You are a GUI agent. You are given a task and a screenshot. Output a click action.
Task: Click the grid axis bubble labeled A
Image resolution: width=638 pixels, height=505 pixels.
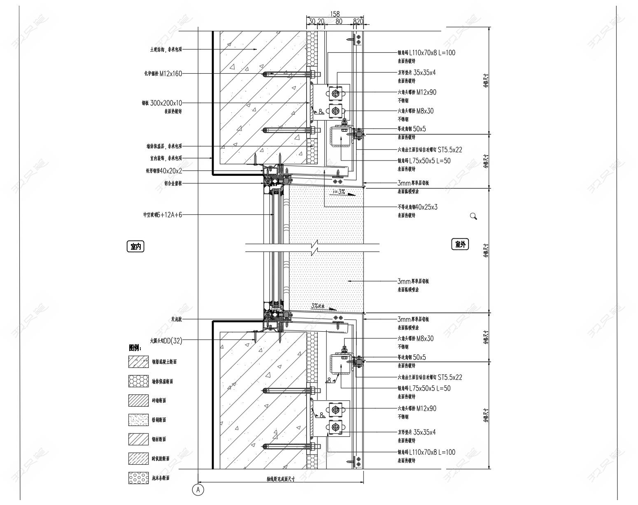coord(198,490)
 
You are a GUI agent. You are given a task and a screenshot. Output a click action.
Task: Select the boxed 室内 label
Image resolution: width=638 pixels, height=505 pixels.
coord(136,247)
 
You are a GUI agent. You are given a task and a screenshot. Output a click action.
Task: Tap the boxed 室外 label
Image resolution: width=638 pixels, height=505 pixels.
coord(460,244)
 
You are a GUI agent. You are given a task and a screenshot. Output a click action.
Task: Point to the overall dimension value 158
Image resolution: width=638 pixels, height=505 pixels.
coord(335,14)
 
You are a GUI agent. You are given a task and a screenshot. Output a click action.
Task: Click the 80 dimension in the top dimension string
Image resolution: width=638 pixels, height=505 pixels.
coord(339,21)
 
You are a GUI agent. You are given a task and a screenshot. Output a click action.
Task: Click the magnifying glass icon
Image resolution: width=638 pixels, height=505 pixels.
coord(473,216)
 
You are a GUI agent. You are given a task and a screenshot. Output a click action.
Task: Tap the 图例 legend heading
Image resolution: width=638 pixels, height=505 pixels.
coord(135,348)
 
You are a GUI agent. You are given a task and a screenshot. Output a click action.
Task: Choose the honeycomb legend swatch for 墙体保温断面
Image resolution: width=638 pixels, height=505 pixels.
coord(138,381)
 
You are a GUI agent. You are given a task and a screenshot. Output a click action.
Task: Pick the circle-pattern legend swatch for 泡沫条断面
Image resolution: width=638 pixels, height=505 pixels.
coord(138,478)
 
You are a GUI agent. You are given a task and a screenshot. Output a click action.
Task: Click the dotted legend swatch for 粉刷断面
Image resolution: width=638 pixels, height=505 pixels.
coord(138,420)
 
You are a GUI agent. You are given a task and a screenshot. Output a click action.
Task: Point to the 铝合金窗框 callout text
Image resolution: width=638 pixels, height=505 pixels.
coord(173,183)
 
